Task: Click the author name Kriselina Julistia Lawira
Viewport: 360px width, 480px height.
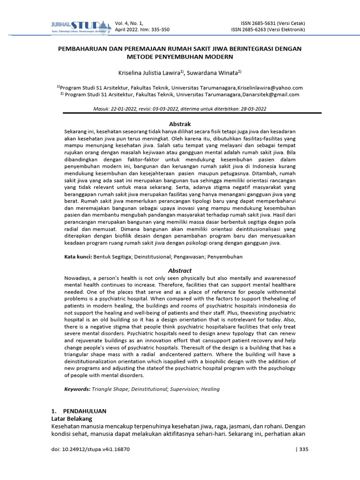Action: point(151,73)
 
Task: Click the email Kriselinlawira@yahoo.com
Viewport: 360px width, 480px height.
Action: point(271,88)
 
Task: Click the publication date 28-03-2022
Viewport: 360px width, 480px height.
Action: point(253,109)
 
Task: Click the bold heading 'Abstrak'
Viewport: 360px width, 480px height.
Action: point(180,124)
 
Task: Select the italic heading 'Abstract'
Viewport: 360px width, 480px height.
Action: point(180,270)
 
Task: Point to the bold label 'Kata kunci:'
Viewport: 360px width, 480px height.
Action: point(78,257)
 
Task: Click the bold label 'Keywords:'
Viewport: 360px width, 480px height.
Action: point(77,389)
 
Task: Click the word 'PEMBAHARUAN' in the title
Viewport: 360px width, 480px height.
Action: point(81,49)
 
